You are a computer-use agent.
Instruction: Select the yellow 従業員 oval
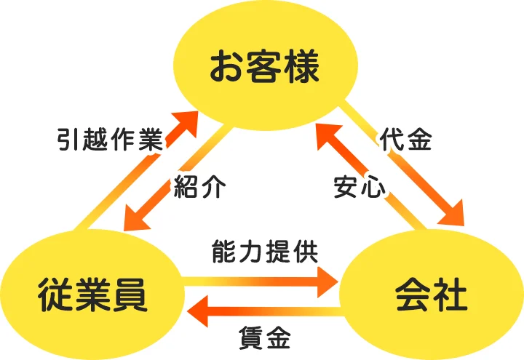[x=92, y=295]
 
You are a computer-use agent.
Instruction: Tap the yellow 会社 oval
[x=431, y=295]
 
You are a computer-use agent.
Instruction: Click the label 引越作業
[x=109, y=140]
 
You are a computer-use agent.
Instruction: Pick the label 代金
[x=405, y=140]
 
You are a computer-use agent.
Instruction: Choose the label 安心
[x=358, y=187]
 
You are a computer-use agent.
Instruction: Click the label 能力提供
[x=264, y=252]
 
